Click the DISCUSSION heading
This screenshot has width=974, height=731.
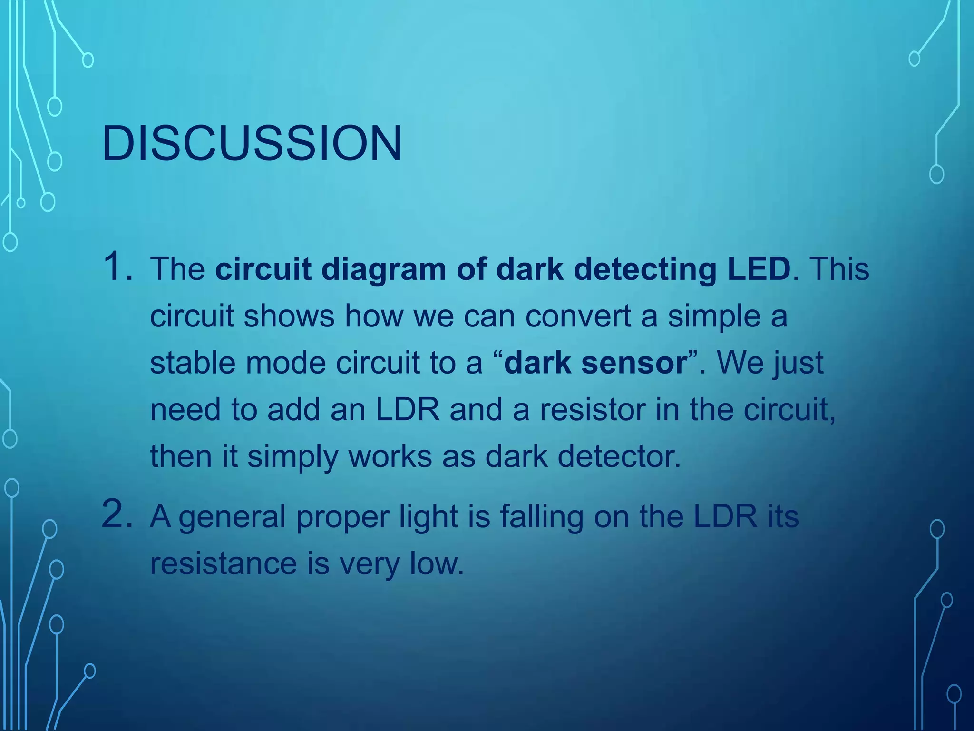(x=252, y=143)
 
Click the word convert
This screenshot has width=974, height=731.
(x=578, y=316)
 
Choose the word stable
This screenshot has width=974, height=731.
(x=193, y=363)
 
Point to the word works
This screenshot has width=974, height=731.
(x=390, y=456)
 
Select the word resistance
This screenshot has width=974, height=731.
(x=224, y=563)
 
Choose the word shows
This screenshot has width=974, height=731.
(x=289, y=316)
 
